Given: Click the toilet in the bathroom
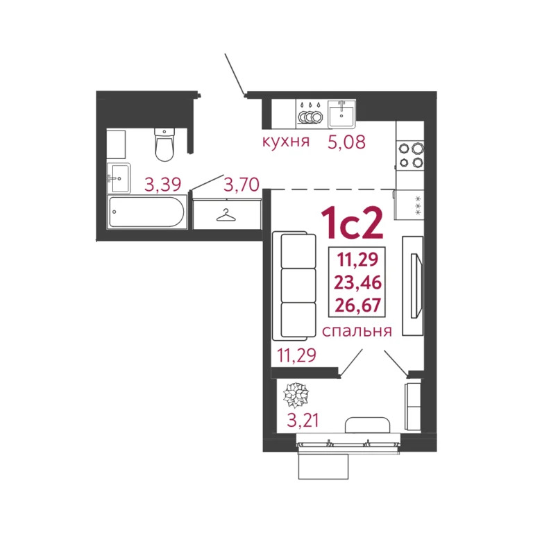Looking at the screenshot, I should [x=164, y=142].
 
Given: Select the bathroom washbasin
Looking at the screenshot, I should [x=119, y=178].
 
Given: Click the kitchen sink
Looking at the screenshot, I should [x=341, y=113].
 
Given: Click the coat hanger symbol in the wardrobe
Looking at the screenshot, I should [x=226, y=214].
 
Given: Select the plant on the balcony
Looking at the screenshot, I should [x=296, y=396].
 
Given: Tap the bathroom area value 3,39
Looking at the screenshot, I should [x=162, y=185].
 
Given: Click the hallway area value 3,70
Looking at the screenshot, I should [x=241, y=185].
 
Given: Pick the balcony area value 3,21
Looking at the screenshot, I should [x=305, y=421].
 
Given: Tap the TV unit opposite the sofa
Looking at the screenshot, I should [x=414, y=285].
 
